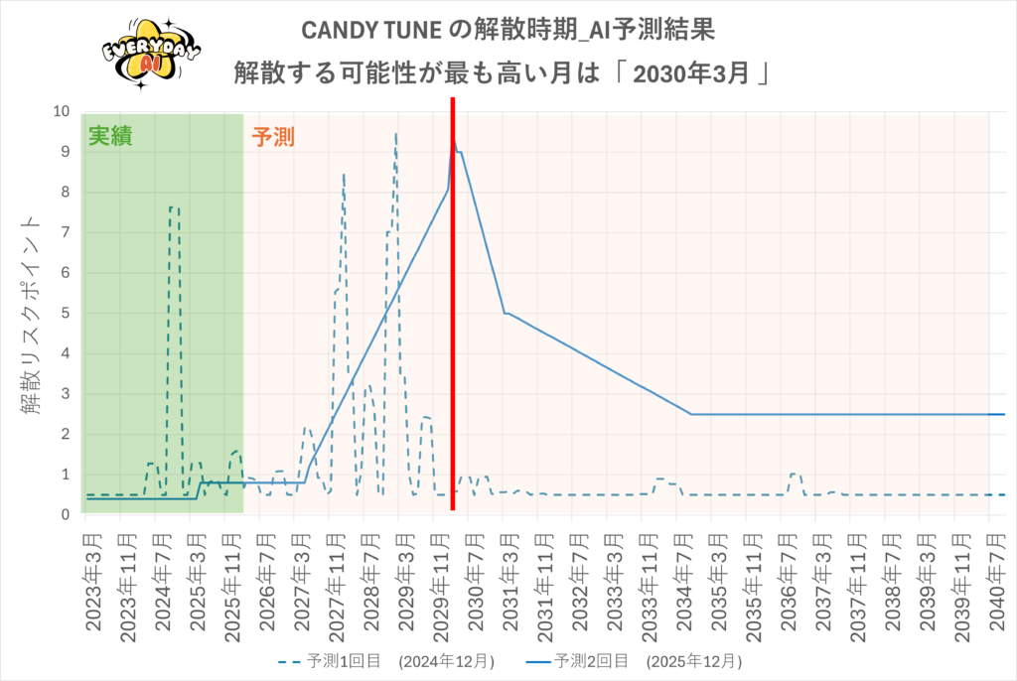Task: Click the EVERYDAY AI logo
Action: [x=151, y=54]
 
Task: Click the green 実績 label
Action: [x=110, y=136]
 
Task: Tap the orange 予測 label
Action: [x=273, y=137]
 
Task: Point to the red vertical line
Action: [x=453, y=304]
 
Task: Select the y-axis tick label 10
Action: [x=61, y=111]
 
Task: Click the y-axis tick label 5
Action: [x=65, y=314]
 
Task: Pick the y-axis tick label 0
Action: [x=65, y=515]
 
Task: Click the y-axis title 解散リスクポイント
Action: [x=30, y=315]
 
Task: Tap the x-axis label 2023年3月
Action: [x=93, y=582]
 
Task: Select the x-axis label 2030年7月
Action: [x=476, y=582]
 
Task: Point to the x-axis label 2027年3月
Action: [x=302, y=582]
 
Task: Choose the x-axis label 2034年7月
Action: [x=685, y=582]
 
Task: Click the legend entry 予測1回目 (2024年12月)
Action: [x=386, y=661]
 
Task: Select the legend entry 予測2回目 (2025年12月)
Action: [x=634, y=661]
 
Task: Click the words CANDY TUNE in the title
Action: [x=371, y=30]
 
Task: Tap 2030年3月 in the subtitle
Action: [x=691, y=73]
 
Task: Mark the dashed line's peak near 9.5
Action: [x=395, y=134]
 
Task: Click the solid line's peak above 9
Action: [x=454, y=141]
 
